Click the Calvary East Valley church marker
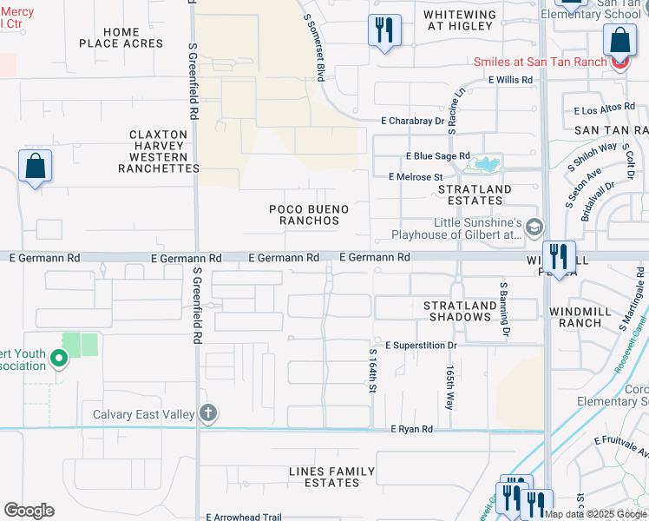(x=208, y=414)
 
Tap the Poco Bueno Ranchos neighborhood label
(x=309, y=215)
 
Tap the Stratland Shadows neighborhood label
(x=458, y=311)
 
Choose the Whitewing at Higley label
(x=460, y=20)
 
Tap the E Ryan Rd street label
(x=411, y=429)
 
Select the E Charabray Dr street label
(x=412, y=122)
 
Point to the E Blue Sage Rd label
(x=437, y=155)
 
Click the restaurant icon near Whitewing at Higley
(x=383, y=31)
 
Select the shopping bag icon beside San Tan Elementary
(x=619, y=40)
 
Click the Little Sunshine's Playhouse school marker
(x=534, y=227)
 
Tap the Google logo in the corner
(x=29, y=511)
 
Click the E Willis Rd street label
(x=509, y=80)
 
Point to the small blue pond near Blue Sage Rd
(x=485, y=163)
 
